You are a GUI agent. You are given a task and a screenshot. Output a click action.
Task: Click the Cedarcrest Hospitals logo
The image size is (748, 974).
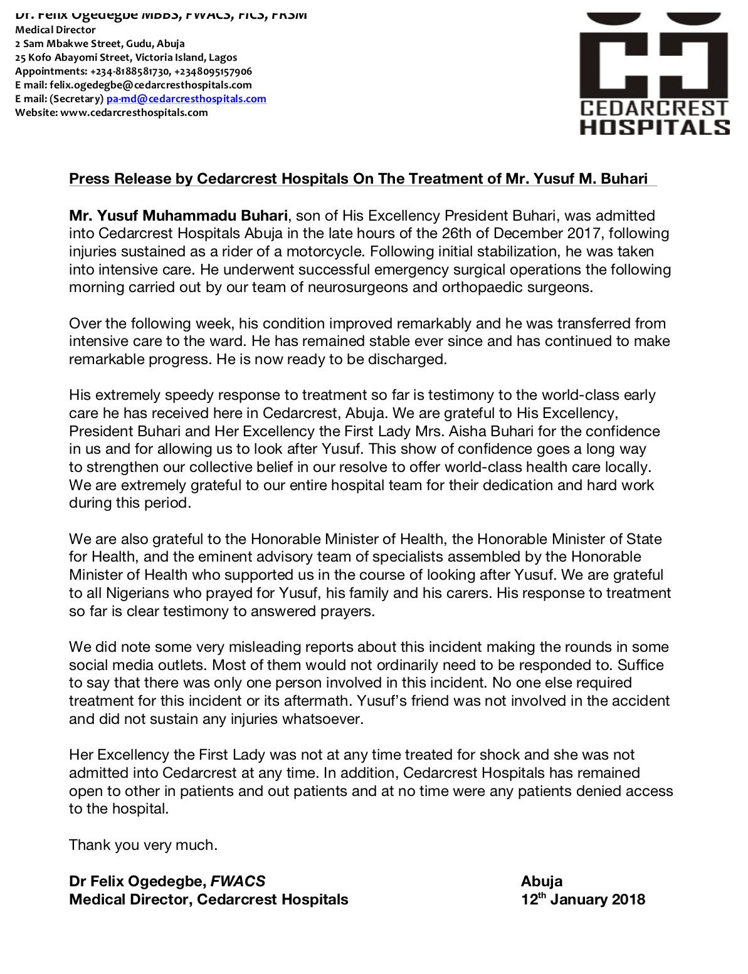coord(654,74)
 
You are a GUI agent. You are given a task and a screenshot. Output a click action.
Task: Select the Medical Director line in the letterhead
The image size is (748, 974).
coord(55,30)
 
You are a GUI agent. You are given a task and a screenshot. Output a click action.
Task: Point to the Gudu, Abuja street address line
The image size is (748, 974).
coord(100,44)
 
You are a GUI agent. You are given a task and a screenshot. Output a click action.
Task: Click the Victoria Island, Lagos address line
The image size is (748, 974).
coord(126,58)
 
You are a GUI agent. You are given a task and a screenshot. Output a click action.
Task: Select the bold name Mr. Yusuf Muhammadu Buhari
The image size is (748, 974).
coord(178,216)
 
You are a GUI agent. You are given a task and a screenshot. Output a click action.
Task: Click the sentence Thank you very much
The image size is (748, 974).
coord(143,846)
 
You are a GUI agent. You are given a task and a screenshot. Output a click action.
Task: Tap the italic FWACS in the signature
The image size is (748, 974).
coord(238,882)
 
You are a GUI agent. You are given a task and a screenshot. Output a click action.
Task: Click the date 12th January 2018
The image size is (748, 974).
coord(582,900)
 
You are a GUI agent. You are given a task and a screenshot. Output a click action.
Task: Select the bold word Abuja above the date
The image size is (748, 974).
coord(541,882)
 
